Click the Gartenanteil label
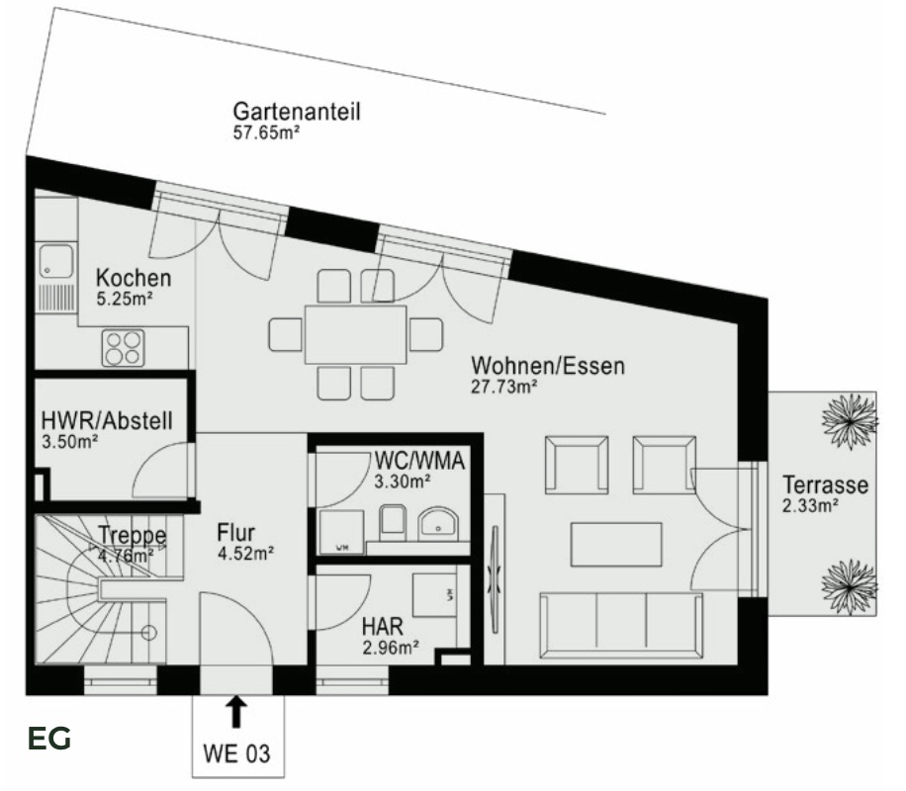tap(296, 111)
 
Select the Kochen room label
tap(134, 278)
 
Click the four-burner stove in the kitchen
tap(124, 347)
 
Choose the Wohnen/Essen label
tap(548, 367)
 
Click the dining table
tap(355, 334)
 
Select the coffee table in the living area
tap(616, 545)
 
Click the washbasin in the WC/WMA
tap(438, 523)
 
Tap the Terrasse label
tap(825, 485)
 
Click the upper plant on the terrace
tap(849, 419)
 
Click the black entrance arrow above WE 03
tap(236, 712)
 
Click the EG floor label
tap(49, 739)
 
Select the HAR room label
tap(381, 627)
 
